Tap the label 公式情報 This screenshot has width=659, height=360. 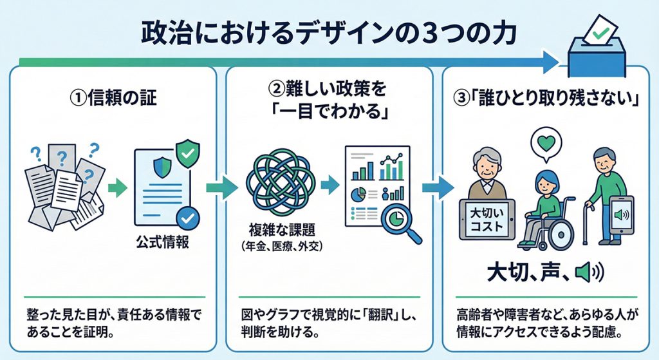(162, 245)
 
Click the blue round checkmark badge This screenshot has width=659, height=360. (188, 218)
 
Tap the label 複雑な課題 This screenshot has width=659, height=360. (278, 230)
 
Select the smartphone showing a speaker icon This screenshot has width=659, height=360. (622, 215)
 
